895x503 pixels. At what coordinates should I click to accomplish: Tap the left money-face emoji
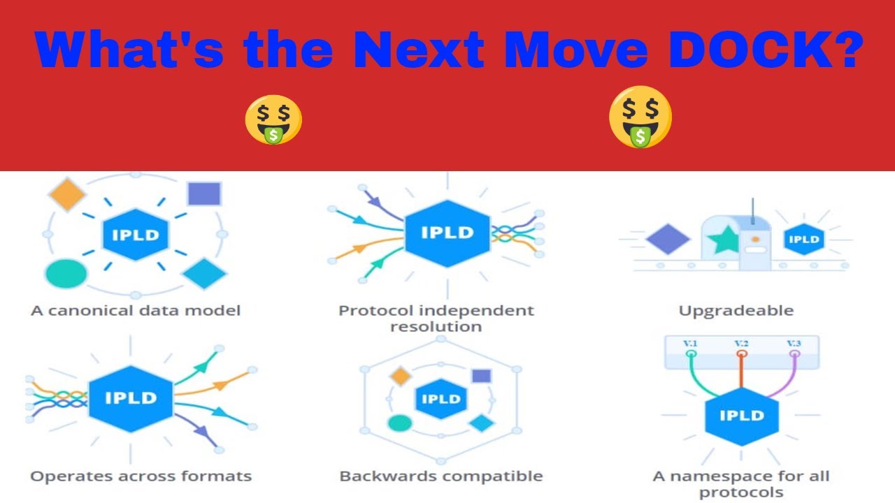pyautogui.click(x=273, y=120)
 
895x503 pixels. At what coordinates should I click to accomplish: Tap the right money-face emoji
pyautogui.click(x=640, y=117)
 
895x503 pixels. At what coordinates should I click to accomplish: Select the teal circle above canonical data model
pyautogui.click(x=66, y=273)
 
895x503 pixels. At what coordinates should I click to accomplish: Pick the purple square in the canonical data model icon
pyautogui.click(x=204, y=194)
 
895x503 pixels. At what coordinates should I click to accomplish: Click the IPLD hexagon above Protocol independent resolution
pyautogui.click(x=447, y=233)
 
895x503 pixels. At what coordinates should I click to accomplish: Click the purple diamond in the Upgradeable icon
pyautogui.click(x=668, y=240)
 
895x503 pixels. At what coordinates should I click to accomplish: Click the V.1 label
pyautogui.click(x=691, y=343)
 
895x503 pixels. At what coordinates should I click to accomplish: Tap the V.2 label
pyautogui.click(x=742, y=343)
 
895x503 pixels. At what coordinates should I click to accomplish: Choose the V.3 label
pyautogui.click(x=794, y=343)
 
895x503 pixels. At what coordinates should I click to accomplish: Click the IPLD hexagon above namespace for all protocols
pyautogui.click(x=741, y=416)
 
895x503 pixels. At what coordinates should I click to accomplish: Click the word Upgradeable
pyautogui.click(x=736, y=311)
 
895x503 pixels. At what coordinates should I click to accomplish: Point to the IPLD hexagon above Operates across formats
pyautogui.click(x=131, y=398)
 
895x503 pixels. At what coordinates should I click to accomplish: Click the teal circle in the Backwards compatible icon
pyautogui.click(x=400, y=423)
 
